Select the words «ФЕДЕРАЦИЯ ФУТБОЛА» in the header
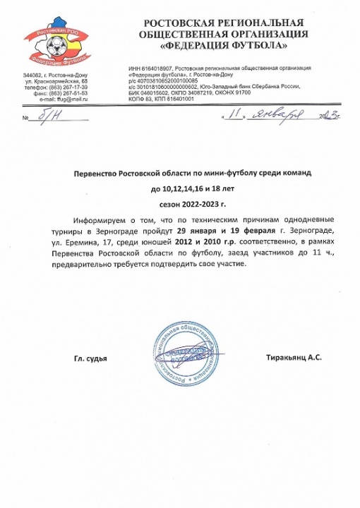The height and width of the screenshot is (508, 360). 226,46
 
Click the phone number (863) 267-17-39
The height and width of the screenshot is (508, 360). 74,87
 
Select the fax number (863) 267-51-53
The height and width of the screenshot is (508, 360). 74,94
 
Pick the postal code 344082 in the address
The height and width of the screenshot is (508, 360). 33,74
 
